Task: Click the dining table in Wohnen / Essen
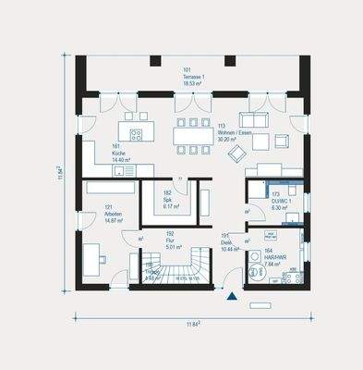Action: coord(193,137)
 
